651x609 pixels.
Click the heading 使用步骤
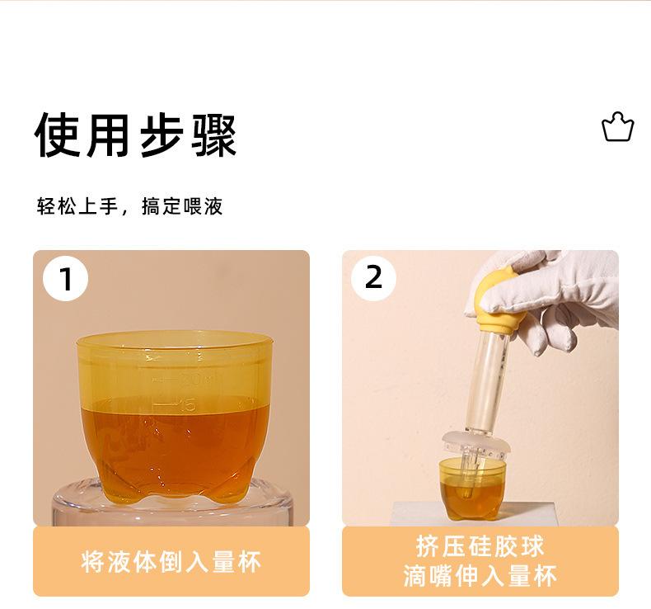coord(135,135)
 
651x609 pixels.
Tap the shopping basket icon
coord(618,127)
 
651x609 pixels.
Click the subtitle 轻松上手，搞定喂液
coord(129,206)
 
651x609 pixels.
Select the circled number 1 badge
coord(66,279)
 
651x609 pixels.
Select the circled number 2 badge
coord(373,277)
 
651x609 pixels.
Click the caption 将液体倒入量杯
coord(171,562)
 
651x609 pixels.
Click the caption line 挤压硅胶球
coord(480,546)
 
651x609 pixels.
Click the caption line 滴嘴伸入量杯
coord(480,576)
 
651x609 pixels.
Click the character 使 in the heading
coord(57,135)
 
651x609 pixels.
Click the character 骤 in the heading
coord(213,135)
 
